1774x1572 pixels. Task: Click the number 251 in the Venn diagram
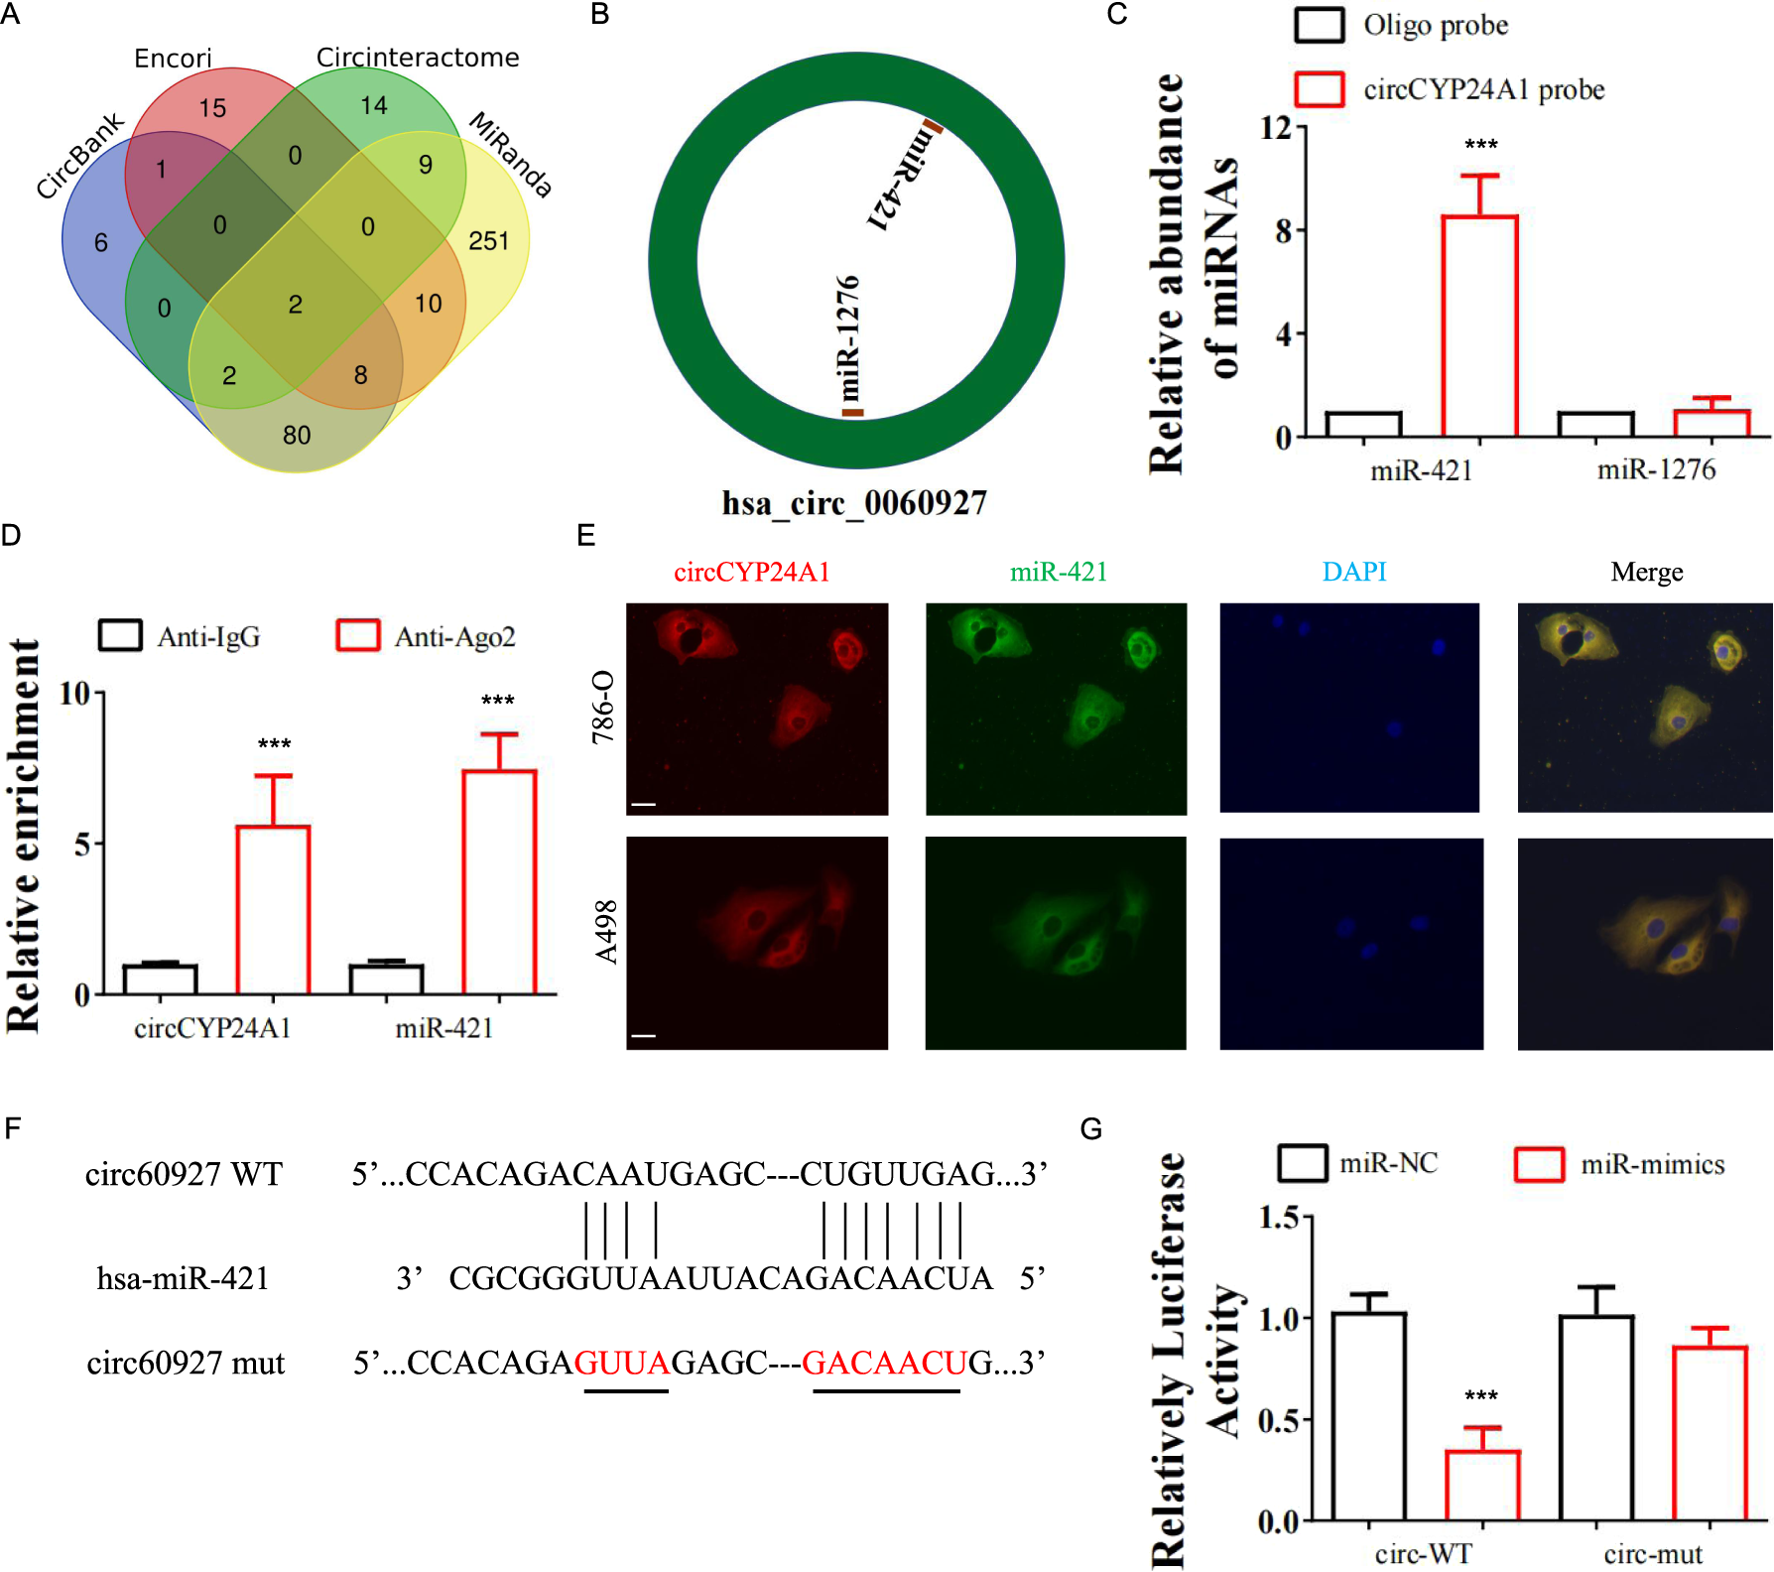pyautogui.click(x=488, y=241)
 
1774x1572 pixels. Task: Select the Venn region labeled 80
pyautogui.click(x=297, y=435)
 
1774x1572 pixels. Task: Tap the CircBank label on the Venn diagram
pyautogui.click(x=79, y=156)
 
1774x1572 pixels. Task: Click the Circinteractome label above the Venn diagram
pyautogui.click(x=418, y=58)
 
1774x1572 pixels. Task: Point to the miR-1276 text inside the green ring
pyautogui.click(x=848, y=337)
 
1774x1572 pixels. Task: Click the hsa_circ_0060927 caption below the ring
pyautogui.click(x=854, y=503)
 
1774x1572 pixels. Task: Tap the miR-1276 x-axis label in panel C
pyautogui.click(x=1656, y=469)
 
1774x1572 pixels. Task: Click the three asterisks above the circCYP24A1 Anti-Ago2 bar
pyautogui.click(x=274, y=744)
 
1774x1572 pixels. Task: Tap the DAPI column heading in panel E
pyautogui.click(x=1354, y=572)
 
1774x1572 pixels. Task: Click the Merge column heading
pyautogui.click(x=1646, y=572)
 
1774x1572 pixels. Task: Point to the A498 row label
pyautogui.click(x=606, y=932)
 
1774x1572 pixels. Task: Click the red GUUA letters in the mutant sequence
pyautogui.click(x=623, y=1363)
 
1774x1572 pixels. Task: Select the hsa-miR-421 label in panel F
pyautogui.click(x=183, y=1278)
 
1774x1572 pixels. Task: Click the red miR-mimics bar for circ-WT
pyautogui.click(x=1482, y=1485)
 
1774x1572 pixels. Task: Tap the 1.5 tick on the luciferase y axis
pyautogui.click(x=1279, y=1218)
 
